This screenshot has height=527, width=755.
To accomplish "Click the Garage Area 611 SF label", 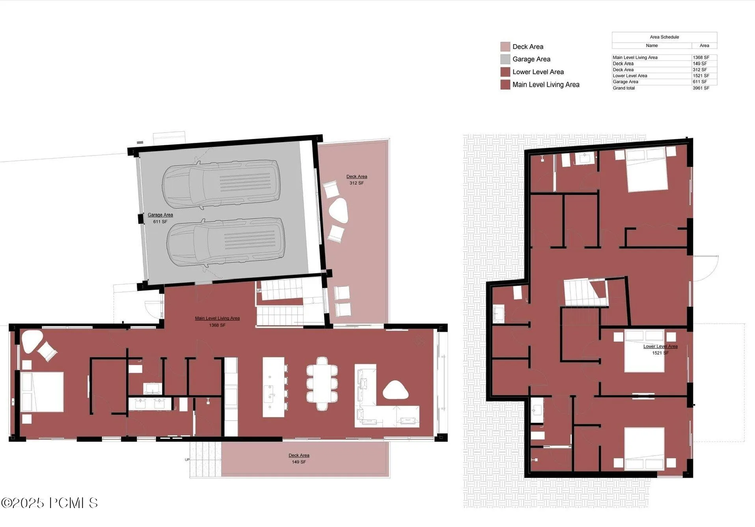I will [x=160, y=218].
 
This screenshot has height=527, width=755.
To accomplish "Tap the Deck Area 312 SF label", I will [x=356, y=179].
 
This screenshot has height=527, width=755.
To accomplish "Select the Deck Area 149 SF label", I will [x=298, y=458].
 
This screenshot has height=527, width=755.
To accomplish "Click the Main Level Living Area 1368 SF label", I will [x=217, y=321].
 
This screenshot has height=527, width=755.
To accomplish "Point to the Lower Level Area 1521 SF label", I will [x=660, y=349].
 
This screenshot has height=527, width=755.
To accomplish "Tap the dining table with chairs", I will [x=322, y=383].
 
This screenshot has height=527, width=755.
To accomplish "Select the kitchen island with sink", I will [x=274, y=387].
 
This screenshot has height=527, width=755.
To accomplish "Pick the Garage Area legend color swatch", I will [x=505, y=59].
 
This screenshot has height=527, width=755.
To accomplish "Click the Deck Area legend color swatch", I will [x=505, y=47].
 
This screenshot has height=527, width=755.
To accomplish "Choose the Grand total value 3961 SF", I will [x=701, y=88].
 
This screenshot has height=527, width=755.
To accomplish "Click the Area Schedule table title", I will [x=664, y=37].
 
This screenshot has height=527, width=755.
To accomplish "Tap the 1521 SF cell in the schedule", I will [x=701, y=76].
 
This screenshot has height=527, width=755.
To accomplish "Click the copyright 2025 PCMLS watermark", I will [x=49, y=503].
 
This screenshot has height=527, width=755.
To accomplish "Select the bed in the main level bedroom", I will [x=42, y=392].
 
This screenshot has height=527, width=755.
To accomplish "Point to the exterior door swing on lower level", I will [x=706, y=268].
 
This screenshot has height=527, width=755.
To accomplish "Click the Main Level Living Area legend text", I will [x=546, y=84].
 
